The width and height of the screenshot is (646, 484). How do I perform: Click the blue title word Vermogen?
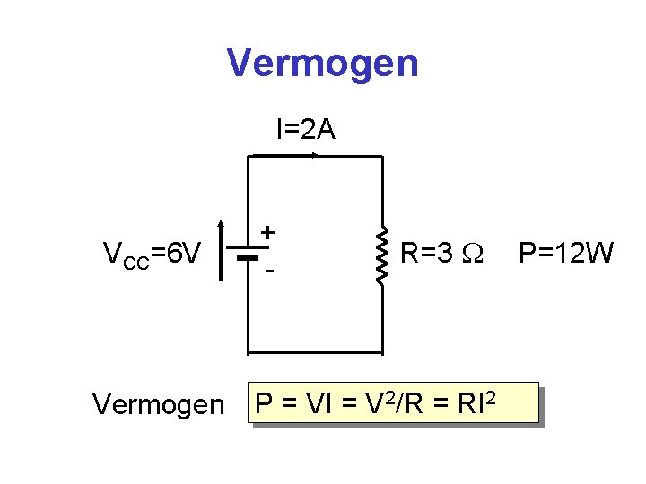(322, 64)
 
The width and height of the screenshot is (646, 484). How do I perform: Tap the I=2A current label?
(305, 131)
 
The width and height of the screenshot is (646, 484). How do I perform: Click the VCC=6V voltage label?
(152, 255)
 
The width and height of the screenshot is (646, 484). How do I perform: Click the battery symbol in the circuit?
(247, 255)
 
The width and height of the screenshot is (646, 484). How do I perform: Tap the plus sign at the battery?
(267, 233)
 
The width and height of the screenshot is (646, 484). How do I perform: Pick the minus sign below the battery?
(267, 270)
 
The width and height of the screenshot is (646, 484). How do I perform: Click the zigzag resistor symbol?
(383, 255)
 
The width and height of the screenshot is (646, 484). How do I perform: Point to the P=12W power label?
(565, 255)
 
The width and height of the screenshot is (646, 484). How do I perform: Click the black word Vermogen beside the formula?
(158, 405)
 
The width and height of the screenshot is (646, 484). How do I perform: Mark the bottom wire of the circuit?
(314, 350)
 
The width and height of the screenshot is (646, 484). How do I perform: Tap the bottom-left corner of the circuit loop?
(247, 350)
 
